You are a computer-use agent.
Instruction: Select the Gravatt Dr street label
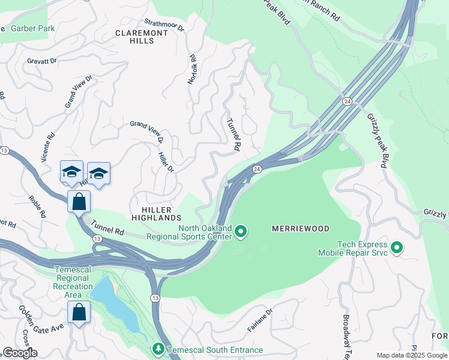point(41,61)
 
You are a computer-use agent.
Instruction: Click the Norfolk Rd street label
point(193,70)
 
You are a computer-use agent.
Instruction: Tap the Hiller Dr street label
point(165,160)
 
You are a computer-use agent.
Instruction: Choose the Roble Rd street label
point(37,206)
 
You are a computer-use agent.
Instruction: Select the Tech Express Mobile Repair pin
point(396,247)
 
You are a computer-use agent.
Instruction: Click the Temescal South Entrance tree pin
point(158,349)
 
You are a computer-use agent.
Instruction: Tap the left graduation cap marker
point(71,172)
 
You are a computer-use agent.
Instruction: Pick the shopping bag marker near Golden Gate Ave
point(79,312)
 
